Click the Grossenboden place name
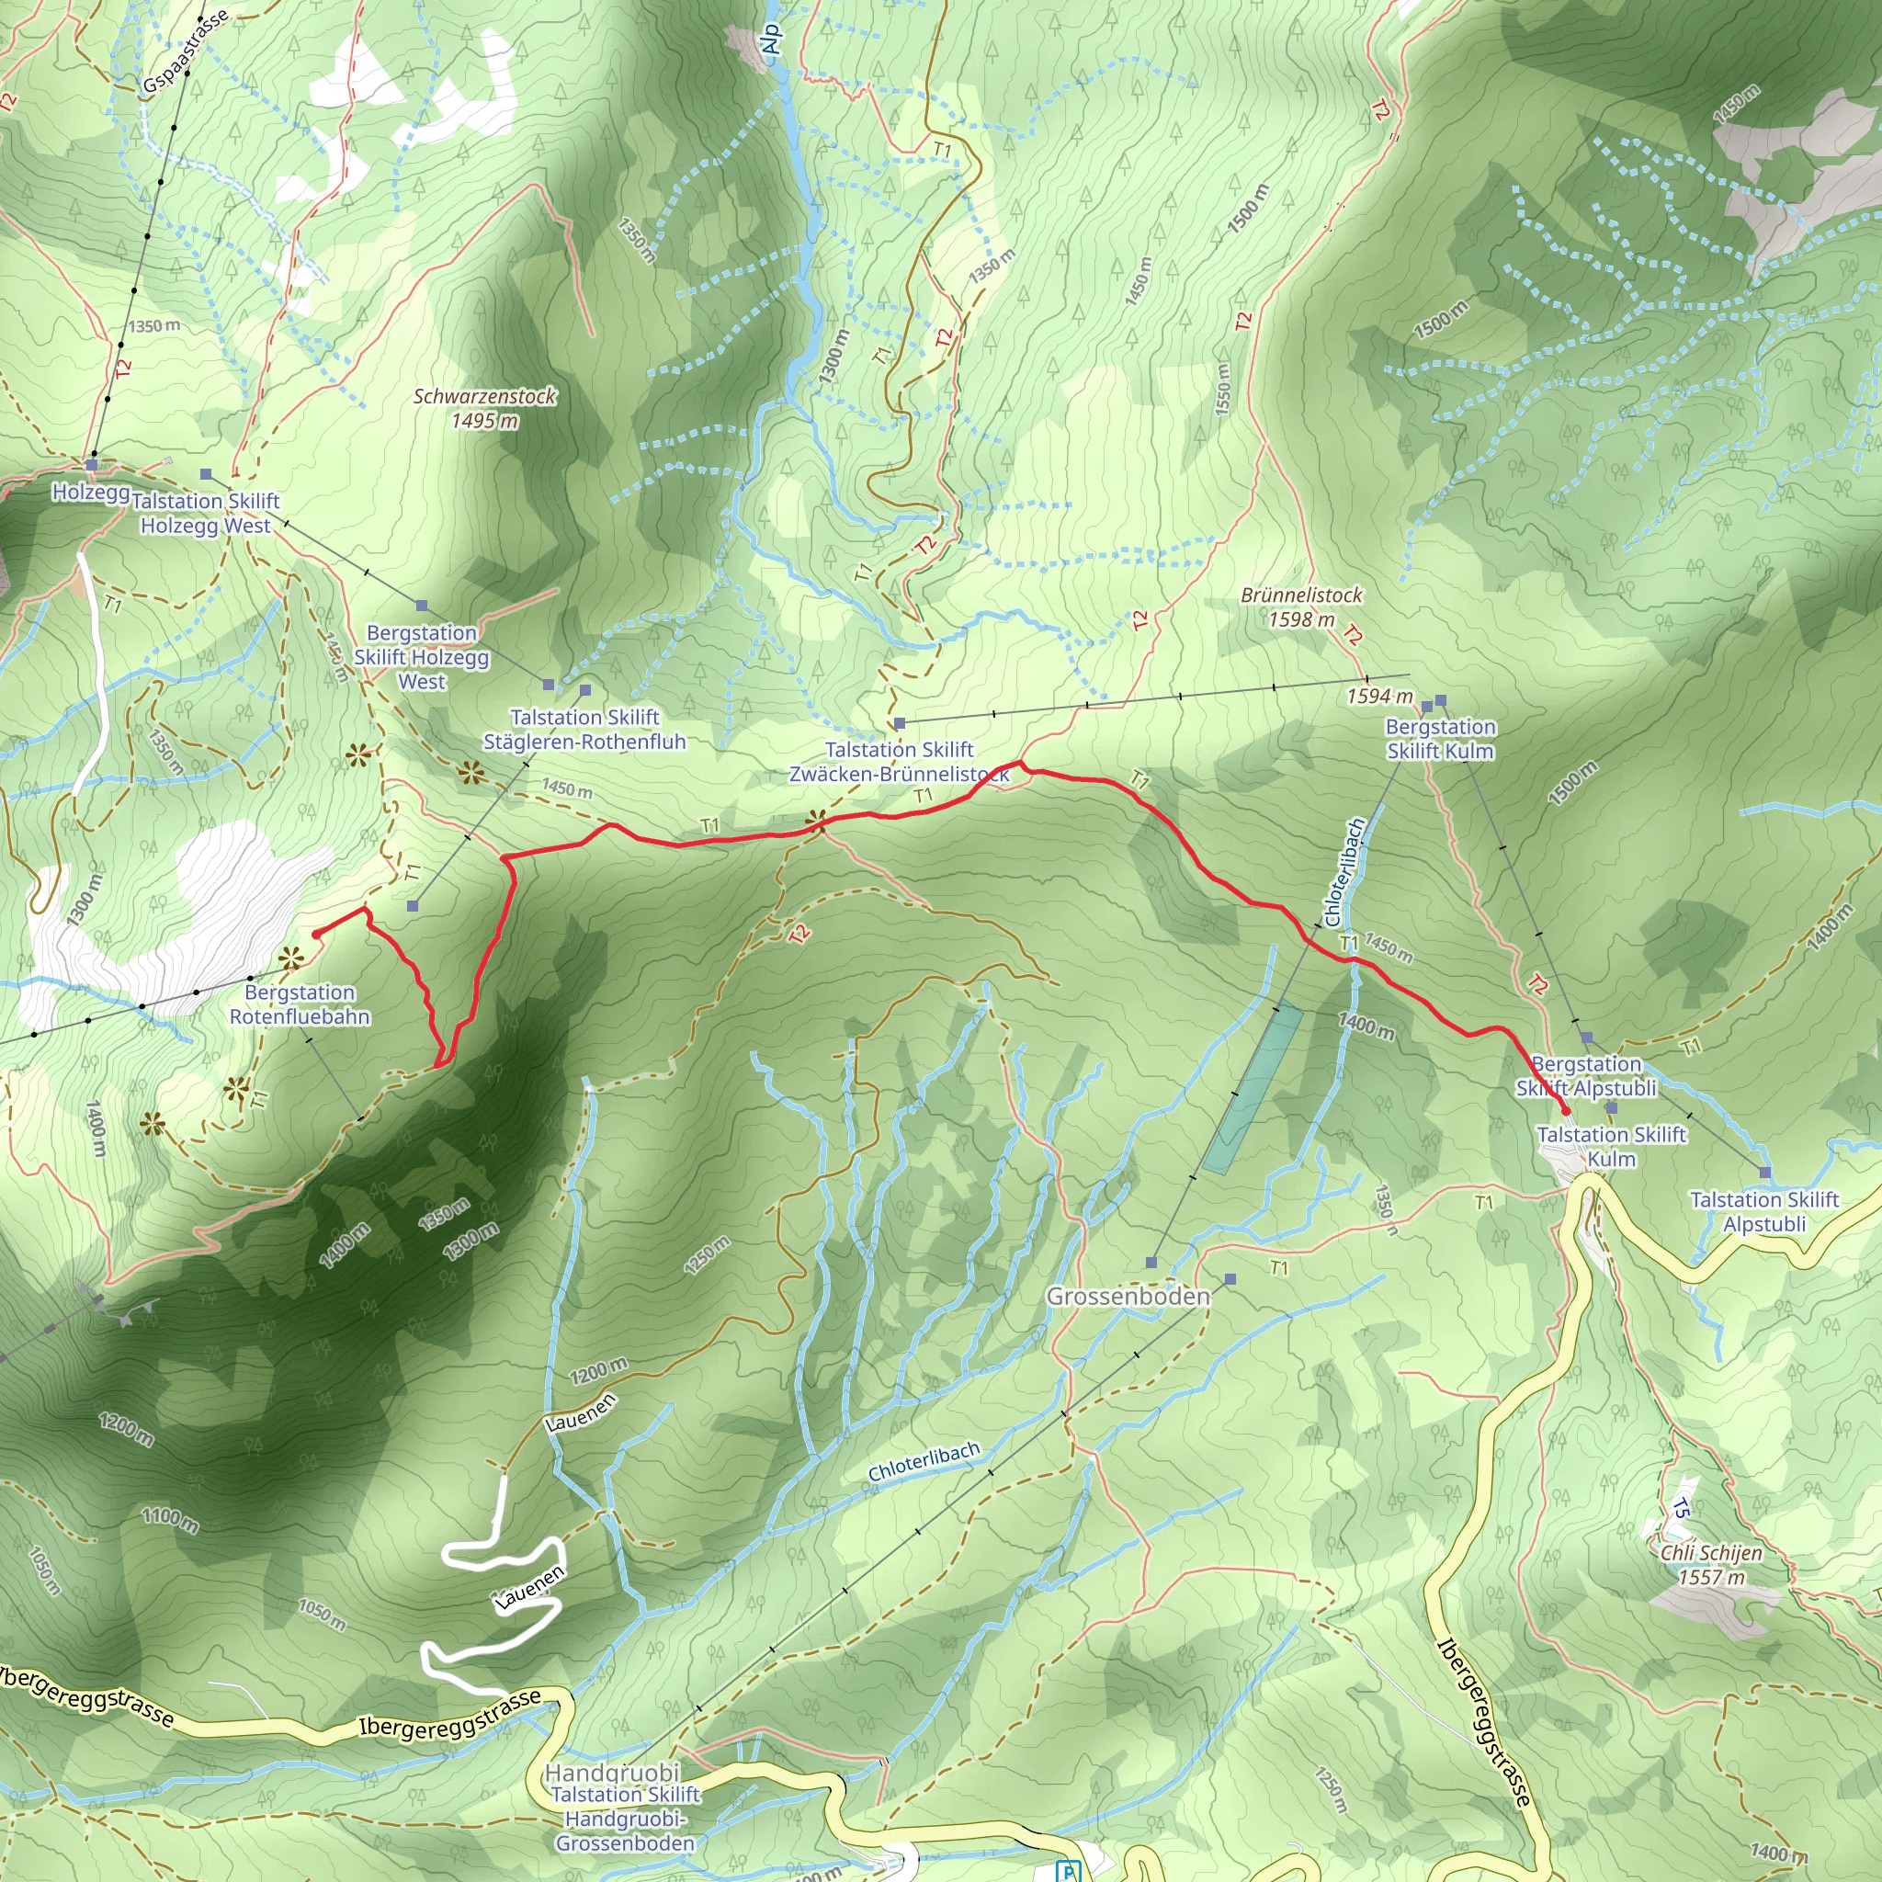tap(1128, 1297)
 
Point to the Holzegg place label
tap(91, 492)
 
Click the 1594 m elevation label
tap(1379, 697)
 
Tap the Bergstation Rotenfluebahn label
tap(299, 1004)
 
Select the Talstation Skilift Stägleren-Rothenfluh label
tap(584, 730)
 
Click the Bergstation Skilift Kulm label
tap(1440, 739)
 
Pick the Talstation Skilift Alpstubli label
tap(1764, 1212)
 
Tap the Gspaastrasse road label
tap(185, 51)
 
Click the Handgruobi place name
tap(612, 1772)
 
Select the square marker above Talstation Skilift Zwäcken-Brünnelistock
tap(900, 724)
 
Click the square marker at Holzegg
tap(93, 466)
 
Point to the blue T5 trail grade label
tap(1681, 1509)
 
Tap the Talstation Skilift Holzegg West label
tap(206, 514)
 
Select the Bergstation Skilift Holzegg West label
tap(422, 658)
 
